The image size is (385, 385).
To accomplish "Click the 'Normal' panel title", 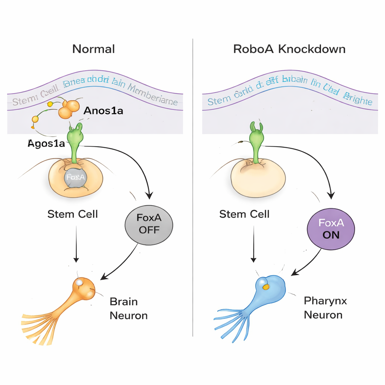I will (x=93, y=49).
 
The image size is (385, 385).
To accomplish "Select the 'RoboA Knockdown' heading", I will (x=289, y=49).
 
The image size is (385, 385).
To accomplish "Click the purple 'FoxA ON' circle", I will (x=331, y=229).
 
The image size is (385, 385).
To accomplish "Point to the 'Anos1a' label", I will (x=103, y=111).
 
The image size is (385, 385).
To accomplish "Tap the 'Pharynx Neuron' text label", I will (x=325, y=307).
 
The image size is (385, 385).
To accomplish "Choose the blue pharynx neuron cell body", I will (x=271, y=289).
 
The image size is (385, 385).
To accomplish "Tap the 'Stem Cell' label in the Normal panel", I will (x=73, y=214).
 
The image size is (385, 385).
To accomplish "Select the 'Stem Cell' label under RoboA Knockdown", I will (x=244, y=214).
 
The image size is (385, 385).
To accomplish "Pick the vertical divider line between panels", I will (x=193, y=188).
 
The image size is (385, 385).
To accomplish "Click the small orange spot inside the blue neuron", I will (x=266, y=287).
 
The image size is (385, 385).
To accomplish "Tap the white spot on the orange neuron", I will (x=79, y=282).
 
